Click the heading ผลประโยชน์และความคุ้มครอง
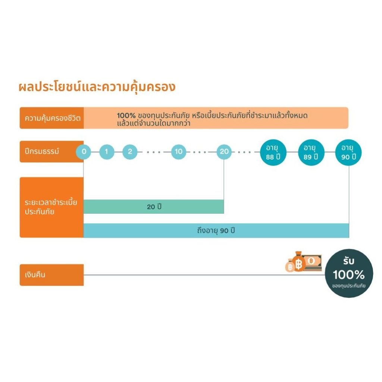coord(97,87)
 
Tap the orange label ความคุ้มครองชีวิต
coord(52,118)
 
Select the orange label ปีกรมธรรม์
coord(41,151)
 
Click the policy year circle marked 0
coord(84,151)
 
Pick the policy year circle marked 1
coord(107,151)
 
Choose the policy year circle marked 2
coord(130,151)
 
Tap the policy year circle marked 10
coord(179,151)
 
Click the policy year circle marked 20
coord(224,151)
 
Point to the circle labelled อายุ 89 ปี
coord(311,152)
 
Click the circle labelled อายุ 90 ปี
coord(349,152)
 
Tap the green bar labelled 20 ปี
coord(153,207)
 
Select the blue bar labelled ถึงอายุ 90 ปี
coord(216,231)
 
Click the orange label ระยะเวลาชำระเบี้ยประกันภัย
coord(51,207)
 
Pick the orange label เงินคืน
coord(51,275)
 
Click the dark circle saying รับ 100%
coord(349,273)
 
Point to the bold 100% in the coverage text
coord(126,116)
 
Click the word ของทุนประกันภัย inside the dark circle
coord(349,286)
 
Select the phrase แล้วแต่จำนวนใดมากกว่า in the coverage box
coord(153,123)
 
